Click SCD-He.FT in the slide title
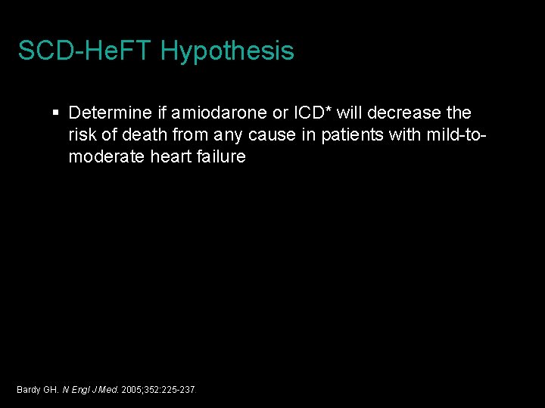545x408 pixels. pos(86,51)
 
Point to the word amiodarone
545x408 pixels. pos(220,113)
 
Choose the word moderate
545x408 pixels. pos(102,157)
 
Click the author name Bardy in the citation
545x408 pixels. pos(28,390)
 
